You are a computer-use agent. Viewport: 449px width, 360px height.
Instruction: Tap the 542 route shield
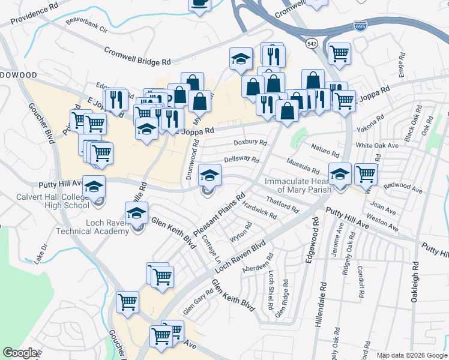click(x=311, y=44)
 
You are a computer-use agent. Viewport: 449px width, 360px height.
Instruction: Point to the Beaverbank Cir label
click(x=86, y=28)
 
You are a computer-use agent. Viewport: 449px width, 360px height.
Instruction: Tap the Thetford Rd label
click(x=282, y=205)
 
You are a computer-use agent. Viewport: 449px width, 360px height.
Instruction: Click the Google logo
click(x=20, y=353)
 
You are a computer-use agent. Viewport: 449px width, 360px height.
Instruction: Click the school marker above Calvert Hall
click(x=94, y=187)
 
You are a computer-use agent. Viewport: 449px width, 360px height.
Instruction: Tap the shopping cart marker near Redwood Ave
click(x=365, y=175)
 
